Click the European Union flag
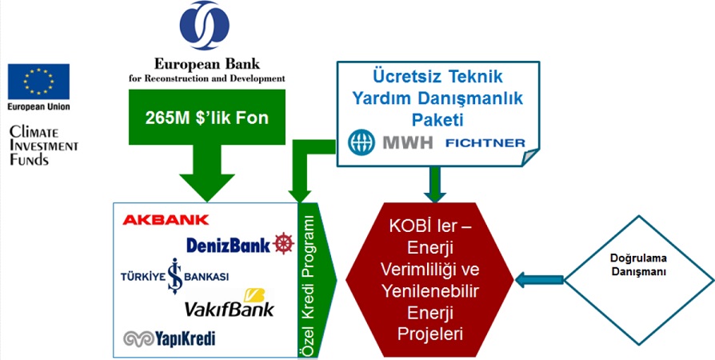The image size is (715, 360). [38, 82]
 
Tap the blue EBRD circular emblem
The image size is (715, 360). [206, 26]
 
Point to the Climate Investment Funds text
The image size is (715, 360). [43, 145]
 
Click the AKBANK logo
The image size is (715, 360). [166, 219]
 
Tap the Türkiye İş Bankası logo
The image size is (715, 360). [176, 275]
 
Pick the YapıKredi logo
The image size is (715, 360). [170, 339]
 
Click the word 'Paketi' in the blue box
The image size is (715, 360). [437, 118]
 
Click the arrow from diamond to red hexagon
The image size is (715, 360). [539, 279]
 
